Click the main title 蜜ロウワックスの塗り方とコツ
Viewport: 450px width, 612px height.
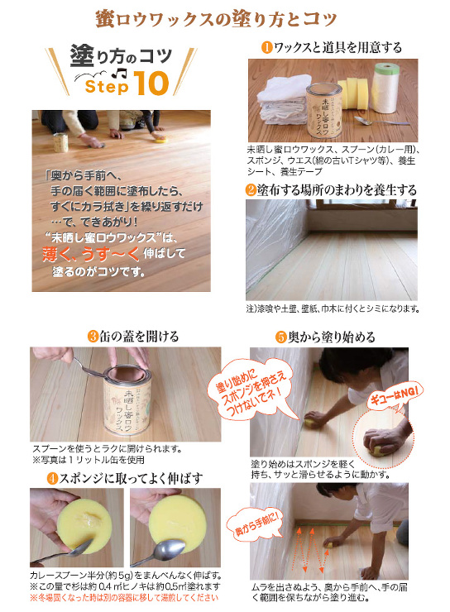point(225,18)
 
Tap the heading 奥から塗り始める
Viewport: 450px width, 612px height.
point(336,337)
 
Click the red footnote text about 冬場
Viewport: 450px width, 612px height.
point(124,597)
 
